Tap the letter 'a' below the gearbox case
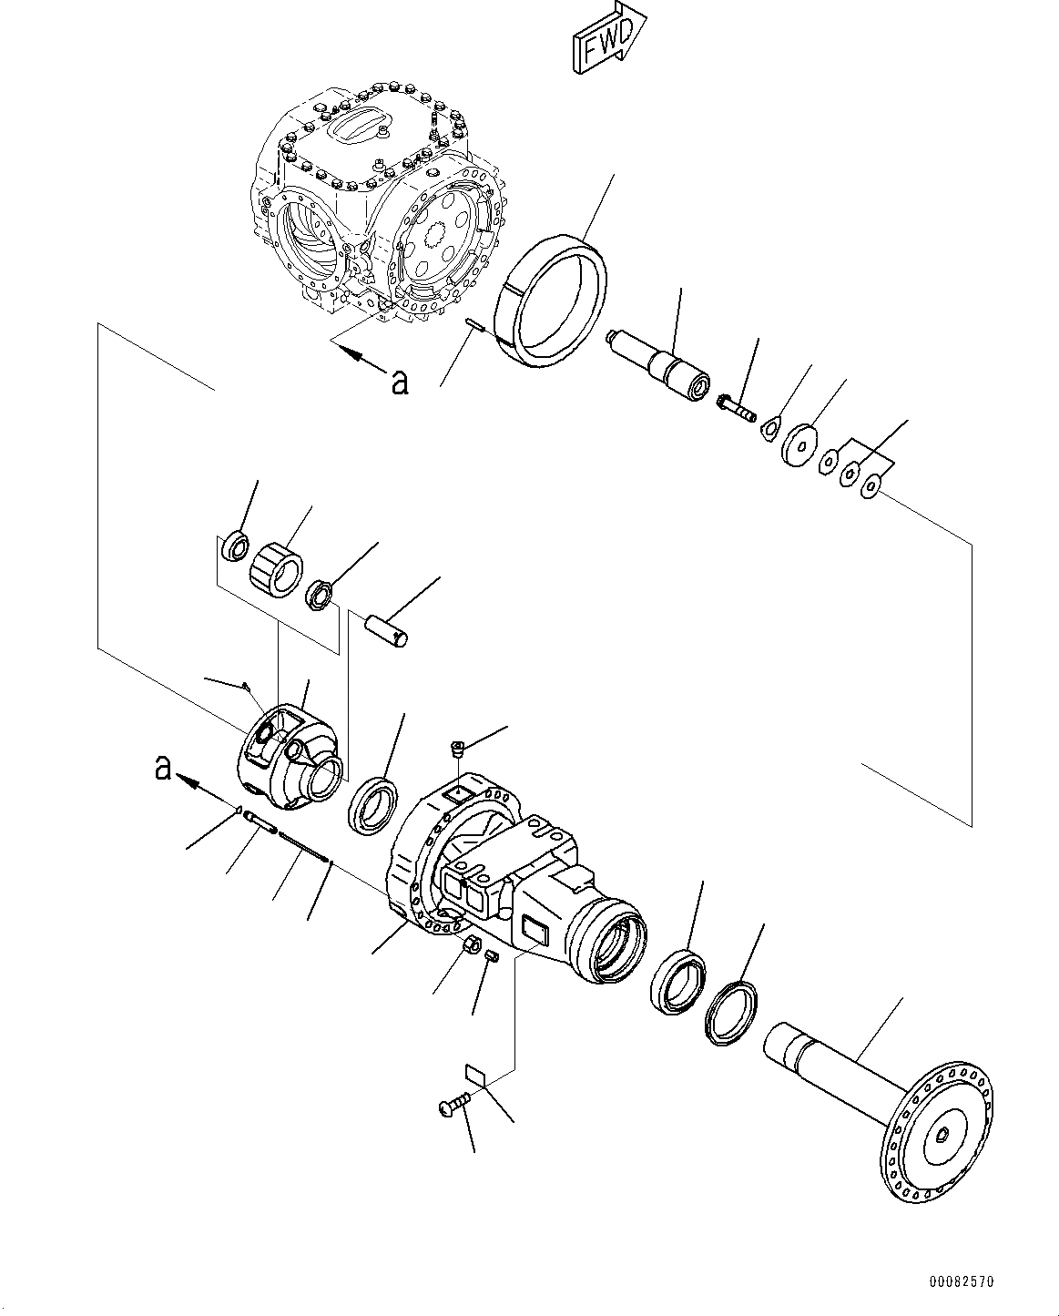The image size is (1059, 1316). [399, 383]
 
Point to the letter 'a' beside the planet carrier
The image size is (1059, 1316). [163, 770]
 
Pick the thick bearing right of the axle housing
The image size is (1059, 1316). [677, 980]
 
